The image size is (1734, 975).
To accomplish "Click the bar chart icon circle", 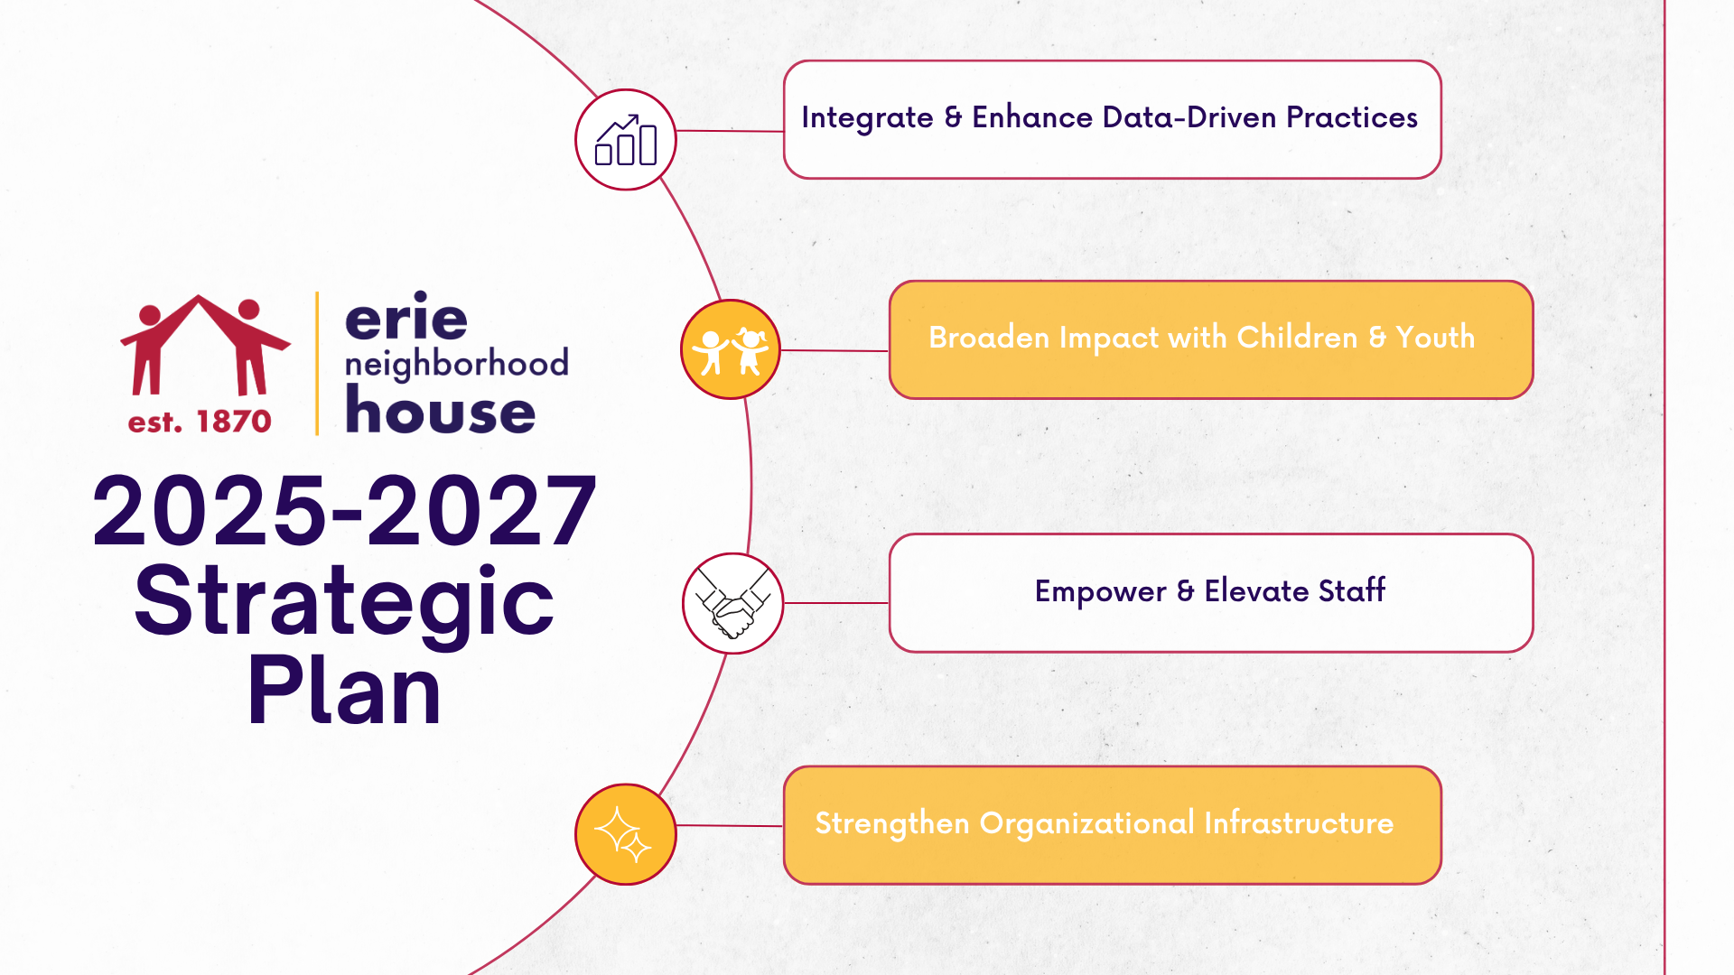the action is coord(626,140).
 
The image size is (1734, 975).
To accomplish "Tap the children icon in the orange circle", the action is coord(731,349).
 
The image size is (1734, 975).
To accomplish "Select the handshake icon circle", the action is coord(732,603).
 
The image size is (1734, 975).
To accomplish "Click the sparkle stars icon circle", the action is coord(626,834).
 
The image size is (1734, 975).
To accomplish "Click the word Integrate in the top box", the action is coord(868,119).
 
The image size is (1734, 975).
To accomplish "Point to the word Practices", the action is coord(1352,117).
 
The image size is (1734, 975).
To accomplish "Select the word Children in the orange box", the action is coord(1297,337).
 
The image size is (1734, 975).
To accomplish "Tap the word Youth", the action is coord(1435,337).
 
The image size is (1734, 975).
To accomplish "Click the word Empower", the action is coord(1101,592).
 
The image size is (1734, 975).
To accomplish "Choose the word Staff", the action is coord(1352,590).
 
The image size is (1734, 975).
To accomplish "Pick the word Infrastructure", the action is coord(1299,822).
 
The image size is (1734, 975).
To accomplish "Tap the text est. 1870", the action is coord(200,422).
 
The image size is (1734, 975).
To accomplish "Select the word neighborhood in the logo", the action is coord(457,363).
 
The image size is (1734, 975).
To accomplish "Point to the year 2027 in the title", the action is coord(481,511).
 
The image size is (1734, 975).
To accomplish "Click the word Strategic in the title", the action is coord(344,601).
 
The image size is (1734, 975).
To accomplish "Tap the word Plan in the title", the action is coord(344,691).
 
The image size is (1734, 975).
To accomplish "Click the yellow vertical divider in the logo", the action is coord(317,364).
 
